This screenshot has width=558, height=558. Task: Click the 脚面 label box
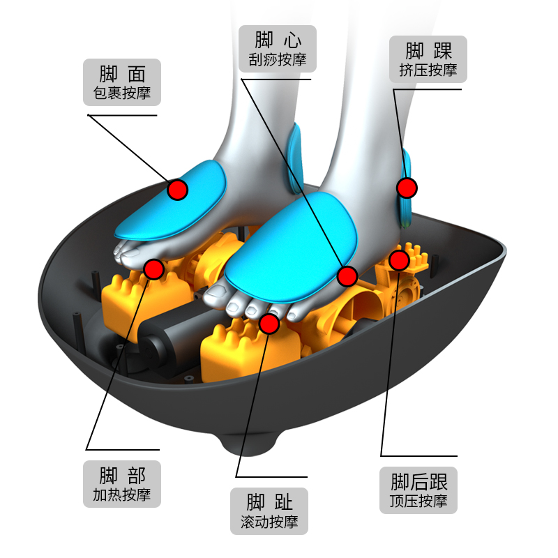coord(121,82)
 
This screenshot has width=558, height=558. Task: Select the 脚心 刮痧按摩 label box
coord(277,49)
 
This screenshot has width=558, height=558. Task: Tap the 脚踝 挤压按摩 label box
coord(428,59)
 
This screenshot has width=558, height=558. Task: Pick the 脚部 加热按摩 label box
coord(121,484)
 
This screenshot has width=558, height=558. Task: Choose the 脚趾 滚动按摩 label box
coord(269,511)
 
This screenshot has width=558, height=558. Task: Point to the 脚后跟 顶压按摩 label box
coord(418,490)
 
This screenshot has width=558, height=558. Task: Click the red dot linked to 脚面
coord(178,190)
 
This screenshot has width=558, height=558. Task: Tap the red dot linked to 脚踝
coord(407,188)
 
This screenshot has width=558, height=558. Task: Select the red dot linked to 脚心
coord(347,276)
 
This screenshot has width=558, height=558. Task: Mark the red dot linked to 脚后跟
coord(399,260)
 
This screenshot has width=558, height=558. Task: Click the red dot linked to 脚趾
coord(269,324)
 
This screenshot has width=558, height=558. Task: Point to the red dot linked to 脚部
coord(153,269)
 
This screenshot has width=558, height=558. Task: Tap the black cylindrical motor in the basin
coord(178,338)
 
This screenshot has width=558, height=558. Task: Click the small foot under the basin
coord(249,442)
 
